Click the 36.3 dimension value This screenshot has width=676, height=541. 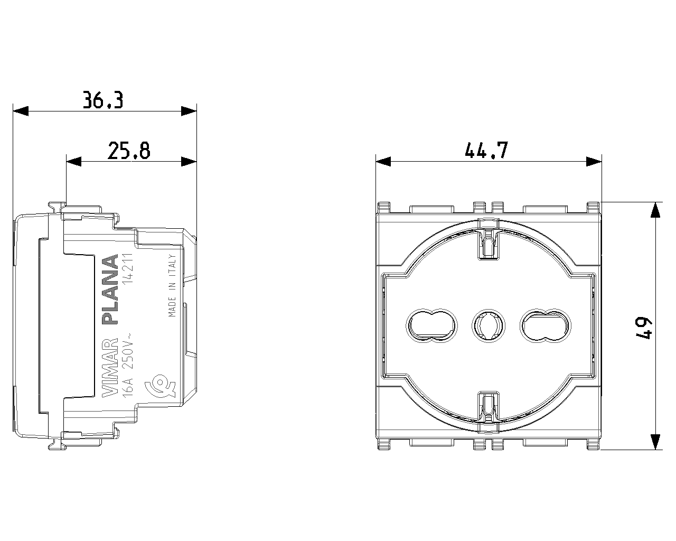tap(103, 99)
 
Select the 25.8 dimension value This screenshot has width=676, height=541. tap(129, 151)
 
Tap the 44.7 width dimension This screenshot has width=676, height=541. tap(486, 151)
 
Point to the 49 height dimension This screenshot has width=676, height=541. tap(643, 328)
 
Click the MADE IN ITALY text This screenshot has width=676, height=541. tap(172, 286)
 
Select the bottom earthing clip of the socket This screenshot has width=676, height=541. tap(489, 407)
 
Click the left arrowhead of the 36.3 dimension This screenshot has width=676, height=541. tap(21, 111)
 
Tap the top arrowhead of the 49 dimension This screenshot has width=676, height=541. tap(655, 210)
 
